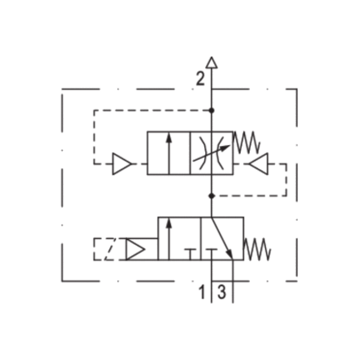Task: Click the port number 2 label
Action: (200, 78)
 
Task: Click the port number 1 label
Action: (202, 292)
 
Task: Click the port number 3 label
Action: (222, 292)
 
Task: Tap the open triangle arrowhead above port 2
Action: (212, 62)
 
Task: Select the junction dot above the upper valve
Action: (212, 111)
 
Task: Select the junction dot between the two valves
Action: (212, 196)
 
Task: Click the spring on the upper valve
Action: (247, 142)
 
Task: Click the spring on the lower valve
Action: (257, 249)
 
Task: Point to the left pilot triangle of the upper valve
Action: (122, 164)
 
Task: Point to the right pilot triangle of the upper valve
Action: (259, 164)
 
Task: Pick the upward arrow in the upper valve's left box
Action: (168, 153)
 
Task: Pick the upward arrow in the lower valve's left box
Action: (168, 239)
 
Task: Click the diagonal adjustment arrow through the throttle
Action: (212, 153)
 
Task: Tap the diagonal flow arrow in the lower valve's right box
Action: (222, 238)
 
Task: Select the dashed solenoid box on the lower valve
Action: (104, 249)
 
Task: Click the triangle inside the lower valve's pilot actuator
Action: (136, 249)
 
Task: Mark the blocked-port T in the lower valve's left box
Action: (190, 254)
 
